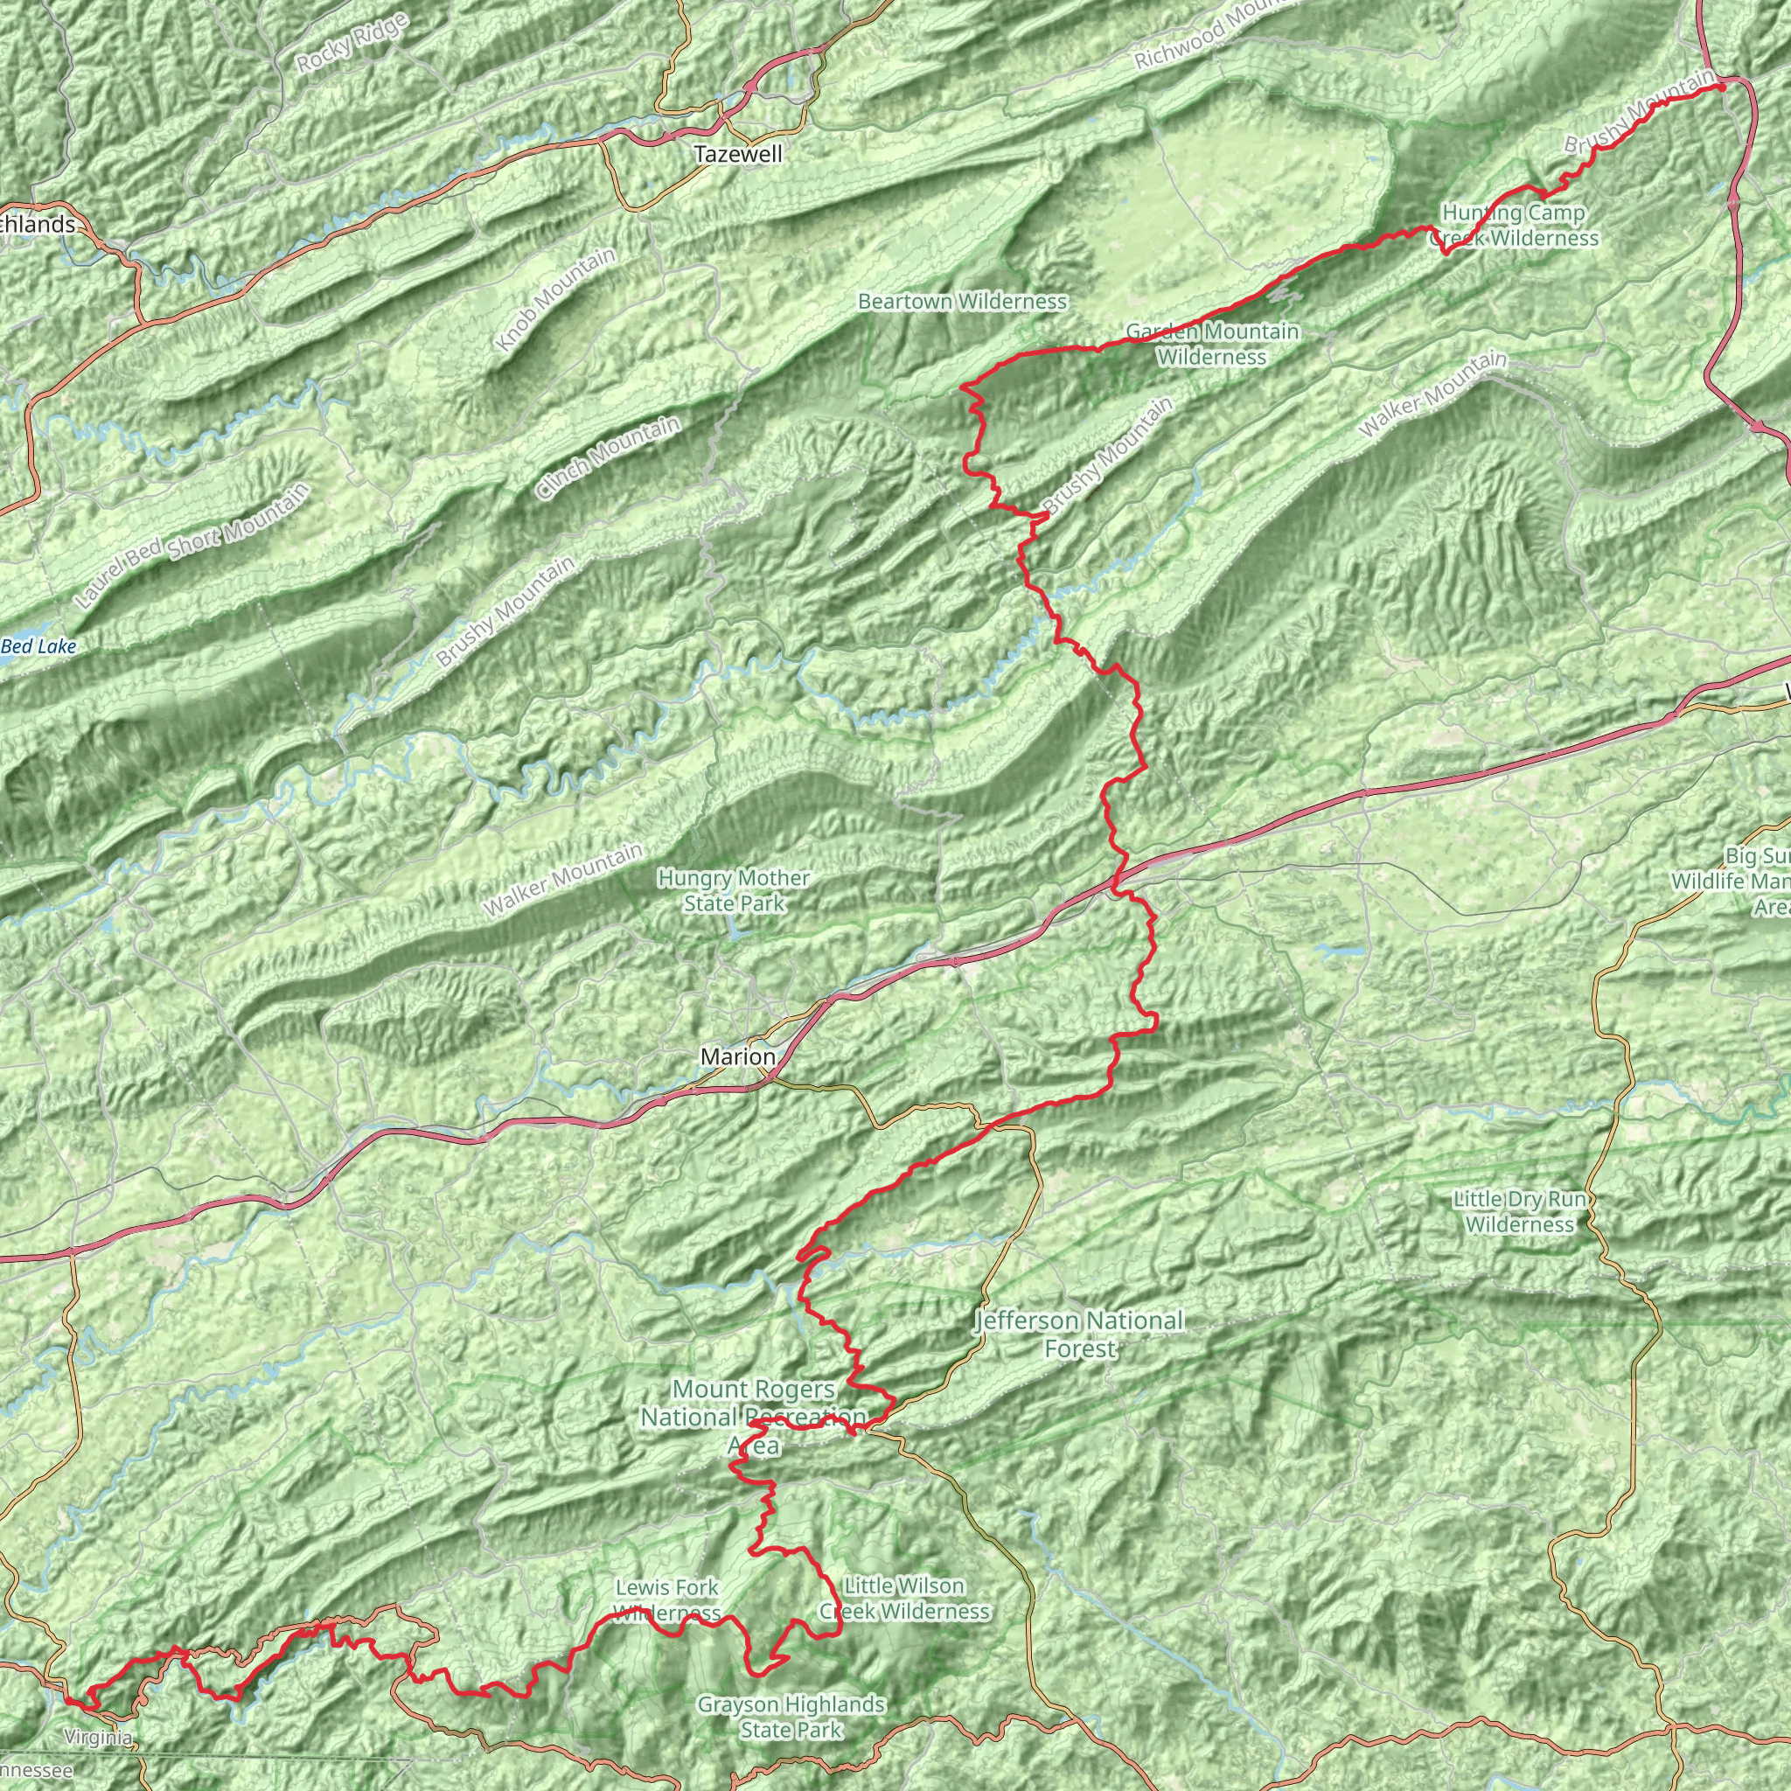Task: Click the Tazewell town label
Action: [x=738, y=155]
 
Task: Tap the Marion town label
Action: [x=738, y=1056]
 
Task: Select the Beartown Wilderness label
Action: [x=962, y=302]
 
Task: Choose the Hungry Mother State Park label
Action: [x=735, y=890]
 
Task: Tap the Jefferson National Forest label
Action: [x=1080, y=1334]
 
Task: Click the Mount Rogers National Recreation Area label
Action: [x=754, y=1417]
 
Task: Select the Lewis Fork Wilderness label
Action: [x=666, y=1600]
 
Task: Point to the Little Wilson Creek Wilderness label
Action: [x=905, y=1599]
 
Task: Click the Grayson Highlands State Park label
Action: [x=791, y=1717]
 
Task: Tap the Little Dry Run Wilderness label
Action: [x=1520, y=1211]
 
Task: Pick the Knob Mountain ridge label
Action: [x=555, y=299]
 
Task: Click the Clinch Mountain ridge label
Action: [x=609, y=458]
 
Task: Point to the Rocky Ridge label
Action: [x=352, y=44]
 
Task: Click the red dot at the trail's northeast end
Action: [x=1721, y=87]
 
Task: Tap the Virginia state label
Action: [x=98, y=1736]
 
